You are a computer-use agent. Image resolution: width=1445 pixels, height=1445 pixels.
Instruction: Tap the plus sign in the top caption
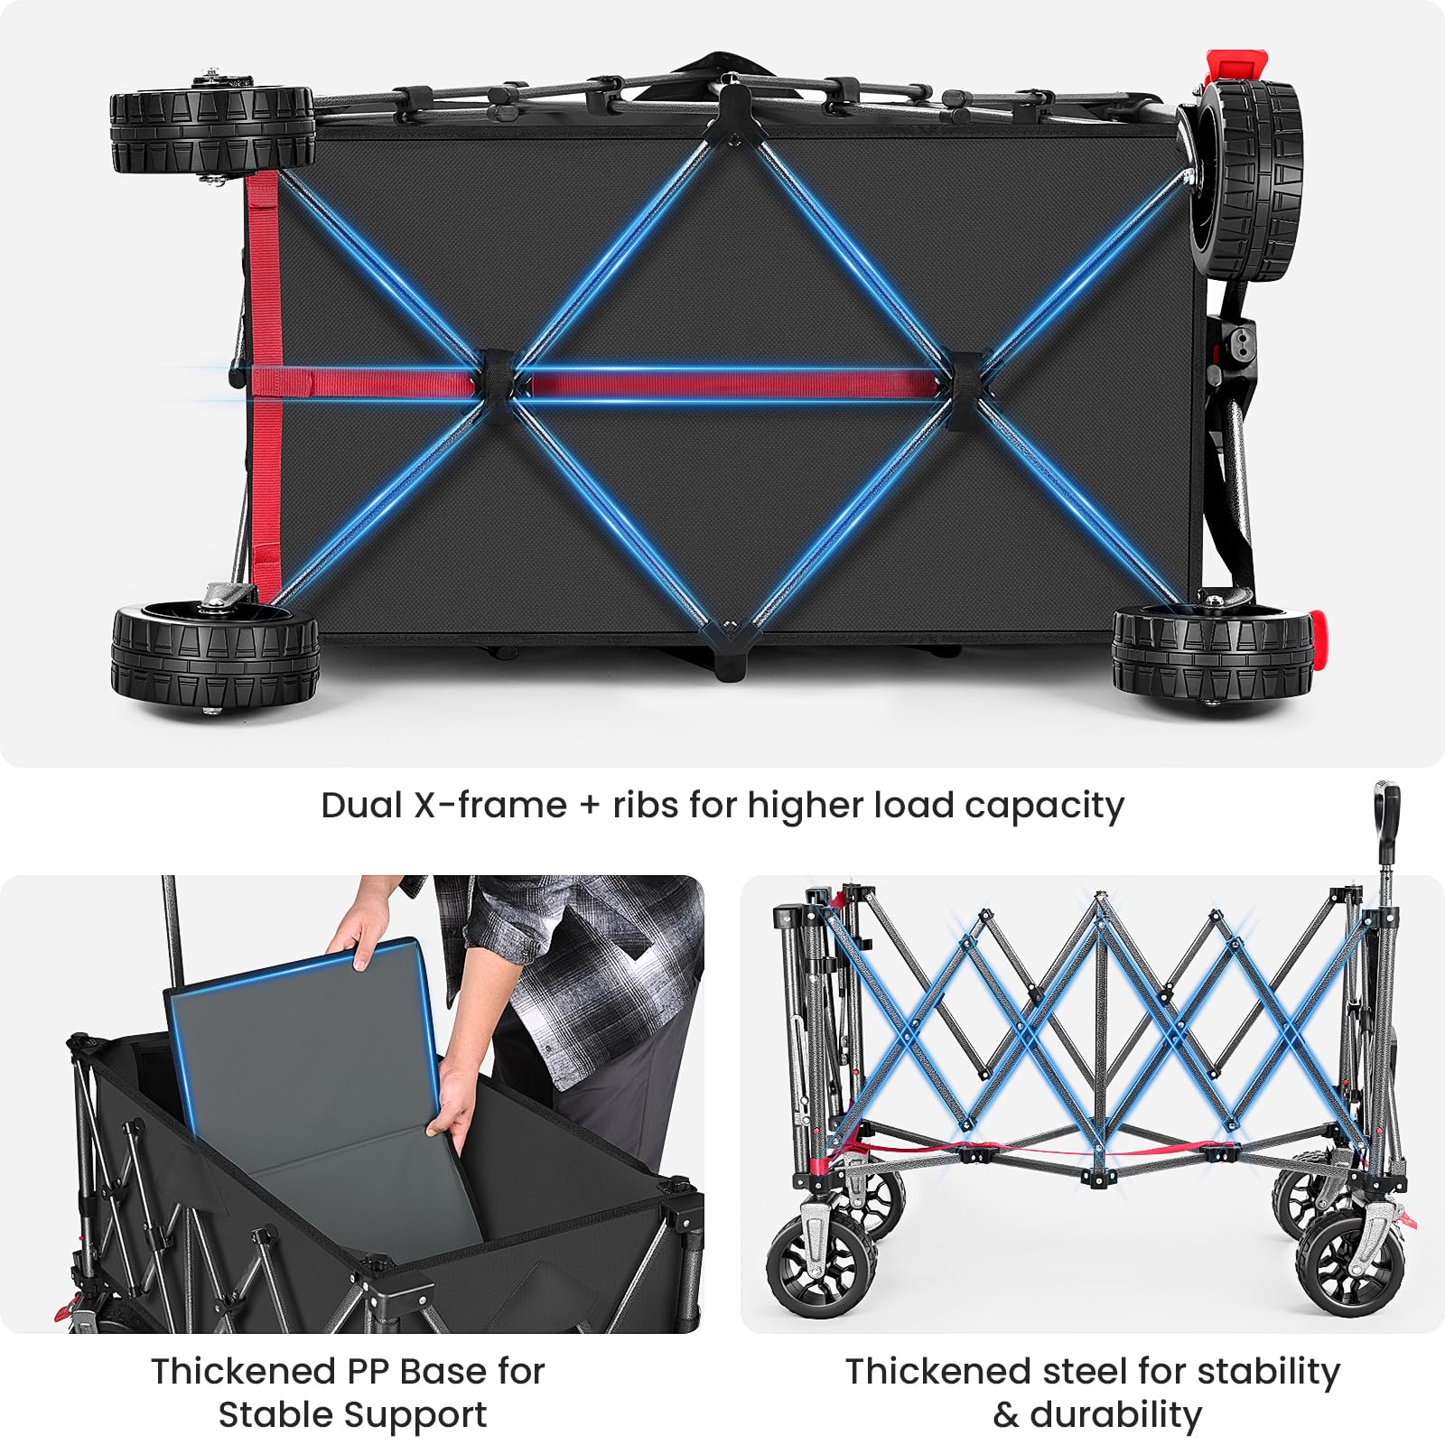tap(590, 806)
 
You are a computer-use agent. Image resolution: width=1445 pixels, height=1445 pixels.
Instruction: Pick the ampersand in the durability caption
tap(1006, 1414)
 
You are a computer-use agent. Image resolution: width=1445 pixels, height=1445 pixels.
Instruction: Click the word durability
tap(1116, 1414)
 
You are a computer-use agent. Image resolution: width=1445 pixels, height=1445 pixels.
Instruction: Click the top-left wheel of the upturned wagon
tap(212, 128)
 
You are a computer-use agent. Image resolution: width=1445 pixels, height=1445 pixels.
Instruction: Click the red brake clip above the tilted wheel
tap(1237, 66)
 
